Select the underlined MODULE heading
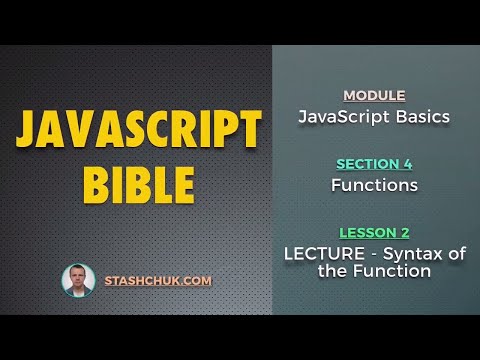coord(374,96)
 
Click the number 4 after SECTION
coord(408,164)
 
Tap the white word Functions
coord(374,185)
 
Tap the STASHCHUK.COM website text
coord(158,281)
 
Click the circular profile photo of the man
coord(78,281)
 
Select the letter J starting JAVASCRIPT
coord(31,131)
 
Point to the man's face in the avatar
coord(78,277)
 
